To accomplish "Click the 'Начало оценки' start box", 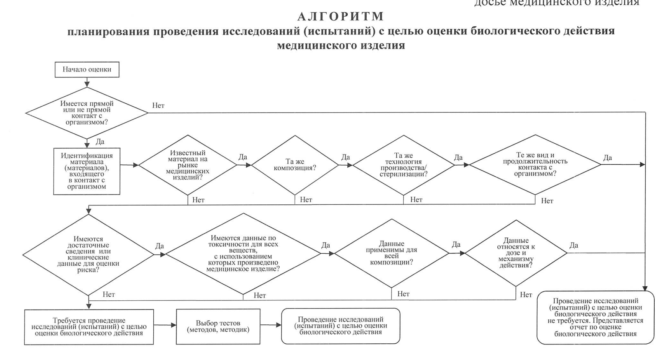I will coord(87,70).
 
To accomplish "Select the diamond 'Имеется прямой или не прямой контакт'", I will coord(87,113).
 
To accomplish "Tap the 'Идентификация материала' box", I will coord(87,171).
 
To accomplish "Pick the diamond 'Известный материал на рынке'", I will coord(187,165).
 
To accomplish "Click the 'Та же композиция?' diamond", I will coord(295,165).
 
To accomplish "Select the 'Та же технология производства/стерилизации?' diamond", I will coord(403,165).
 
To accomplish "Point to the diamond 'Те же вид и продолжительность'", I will coord(535,164).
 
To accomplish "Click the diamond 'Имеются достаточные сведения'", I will coord(88,255).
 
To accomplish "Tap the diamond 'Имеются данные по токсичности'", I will coord(243,254).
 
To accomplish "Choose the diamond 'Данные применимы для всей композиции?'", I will coord(391,253).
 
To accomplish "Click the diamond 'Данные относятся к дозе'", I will coord(516,253).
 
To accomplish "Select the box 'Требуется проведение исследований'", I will coord(89,327).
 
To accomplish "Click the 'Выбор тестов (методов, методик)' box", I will coord(218,327).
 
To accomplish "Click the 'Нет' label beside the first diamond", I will coord(158,106).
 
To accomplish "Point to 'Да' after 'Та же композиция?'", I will coord(345,157).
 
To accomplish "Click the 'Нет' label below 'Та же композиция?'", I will coord(306,200).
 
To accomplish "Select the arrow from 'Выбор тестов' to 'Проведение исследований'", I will coord(270,326).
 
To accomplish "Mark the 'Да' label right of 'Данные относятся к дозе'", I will coord(574,245).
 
